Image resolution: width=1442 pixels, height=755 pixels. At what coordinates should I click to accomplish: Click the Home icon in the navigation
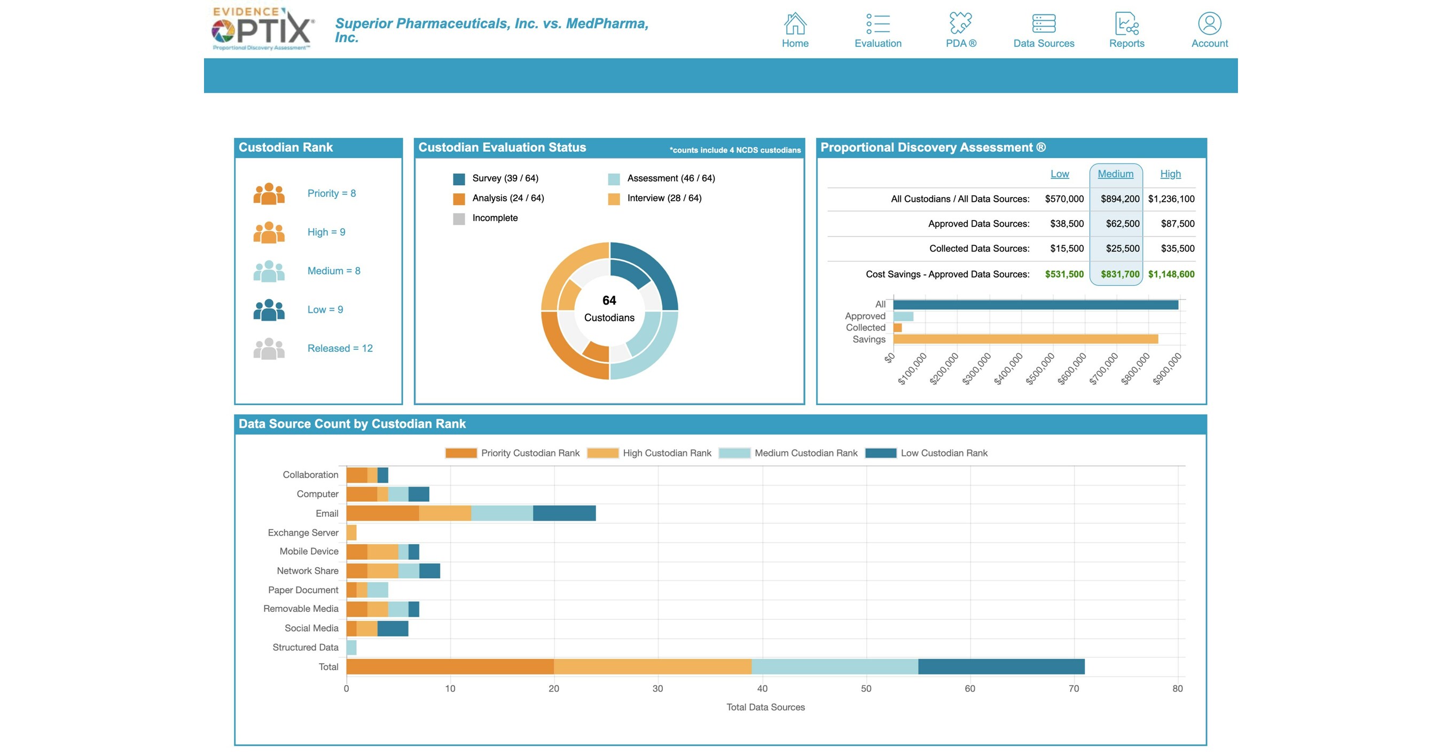(x=795, y=24)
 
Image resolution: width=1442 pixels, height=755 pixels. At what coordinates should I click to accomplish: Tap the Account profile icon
(x=1209, y=24)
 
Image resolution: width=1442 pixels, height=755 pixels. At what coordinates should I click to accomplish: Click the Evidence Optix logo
(x=263, y=29)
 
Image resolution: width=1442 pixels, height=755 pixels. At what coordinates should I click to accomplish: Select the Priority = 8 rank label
(x=331, y=193)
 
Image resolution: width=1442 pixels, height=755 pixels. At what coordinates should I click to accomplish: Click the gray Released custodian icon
(x=269, y=349)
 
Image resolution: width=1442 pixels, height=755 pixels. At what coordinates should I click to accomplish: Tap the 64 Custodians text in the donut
(x=609, y=309)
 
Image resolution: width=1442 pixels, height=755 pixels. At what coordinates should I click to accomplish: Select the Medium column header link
(x=1115, y=174)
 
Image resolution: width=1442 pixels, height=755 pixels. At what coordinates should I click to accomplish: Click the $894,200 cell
(x=1119, y=199)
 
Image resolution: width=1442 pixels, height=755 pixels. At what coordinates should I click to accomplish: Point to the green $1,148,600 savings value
(x=1171, y=274)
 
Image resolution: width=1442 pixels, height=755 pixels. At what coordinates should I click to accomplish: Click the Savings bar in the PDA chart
(x=1024, y=339)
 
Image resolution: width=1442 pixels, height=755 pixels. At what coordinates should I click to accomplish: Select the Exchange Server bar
(x=351, y=532)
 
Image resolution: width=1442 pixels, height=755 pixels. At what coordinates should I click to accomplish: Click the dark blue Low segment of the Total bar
(x=1001, y=666)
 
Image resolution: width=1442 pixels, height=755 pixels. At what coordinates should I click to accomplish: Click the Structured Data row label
(x=305, y=648)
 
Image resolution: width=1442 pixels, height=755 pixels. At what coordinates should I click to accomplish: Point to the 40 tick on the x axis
(x=762, y=688)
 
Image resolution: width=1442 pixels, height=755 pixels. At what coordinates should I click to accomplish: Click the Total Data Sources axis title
(x=765, y=707)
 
